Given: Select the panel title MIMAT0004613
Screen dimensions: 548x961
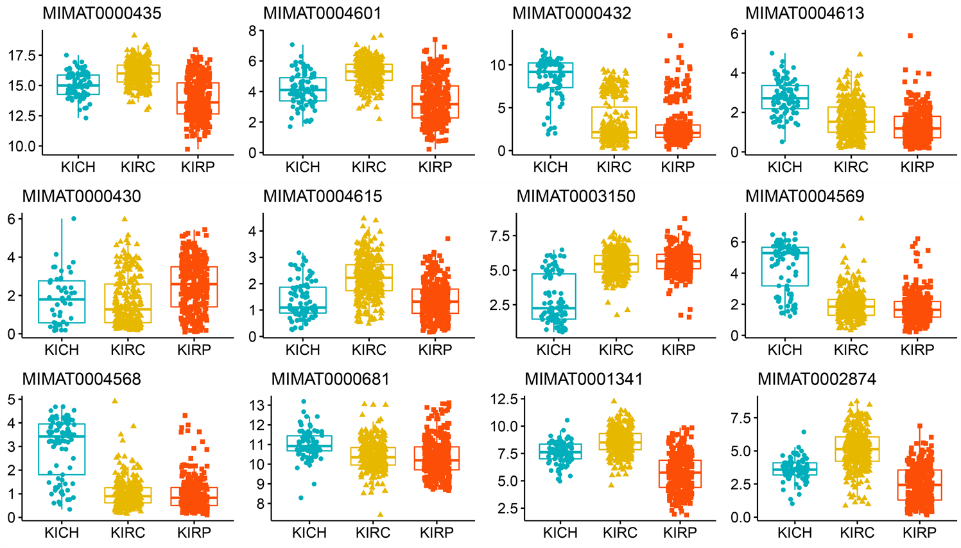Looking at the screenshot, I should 804,13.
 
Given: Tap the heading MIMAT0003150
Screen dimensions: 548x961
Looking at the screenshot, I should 576,196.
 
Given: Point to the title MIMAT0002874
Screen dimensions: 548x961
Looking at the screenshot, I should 817,379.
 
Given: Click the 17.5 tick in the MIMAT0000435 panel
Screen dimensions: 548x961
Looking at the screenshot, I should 22,56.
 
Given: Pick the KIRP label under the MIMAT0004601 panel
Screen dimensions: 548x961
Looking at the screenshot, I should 435,167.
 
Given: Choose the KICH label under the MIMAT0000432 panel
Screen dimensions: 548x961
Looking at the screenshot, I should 550,167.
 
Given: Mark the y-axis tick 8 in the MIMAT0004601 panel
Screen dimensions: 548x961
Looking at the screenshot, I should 252,31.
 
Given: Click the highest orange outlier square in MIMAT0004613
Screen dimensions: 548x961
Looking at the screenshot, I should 910,36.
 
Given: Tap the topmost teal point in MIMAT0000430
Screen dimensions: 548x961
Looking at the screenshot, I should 73,219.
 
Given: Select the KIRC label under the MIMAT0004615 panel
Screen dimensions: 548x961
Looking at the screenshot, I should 368,350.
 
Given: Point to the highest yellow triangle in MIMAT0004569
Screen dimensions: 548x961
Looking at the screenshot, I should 861,218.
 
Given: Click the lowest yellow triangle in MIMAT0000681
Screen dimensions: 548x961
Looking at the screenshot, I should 381,514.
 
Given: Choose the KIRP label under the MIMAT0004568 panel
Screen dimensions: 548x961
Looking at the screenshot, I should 194,533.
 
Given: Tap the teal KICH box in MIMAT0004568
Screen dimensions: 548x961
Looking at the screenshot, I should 62,449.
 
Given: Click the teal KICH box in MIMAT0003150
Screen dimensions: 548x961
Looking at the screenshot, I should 554,296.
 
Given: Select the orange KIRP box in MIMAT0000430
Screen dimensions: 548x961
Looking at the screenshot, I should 195,287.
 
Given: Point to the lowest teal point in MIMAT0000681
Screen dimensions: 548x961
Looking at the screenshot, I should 301,497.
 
